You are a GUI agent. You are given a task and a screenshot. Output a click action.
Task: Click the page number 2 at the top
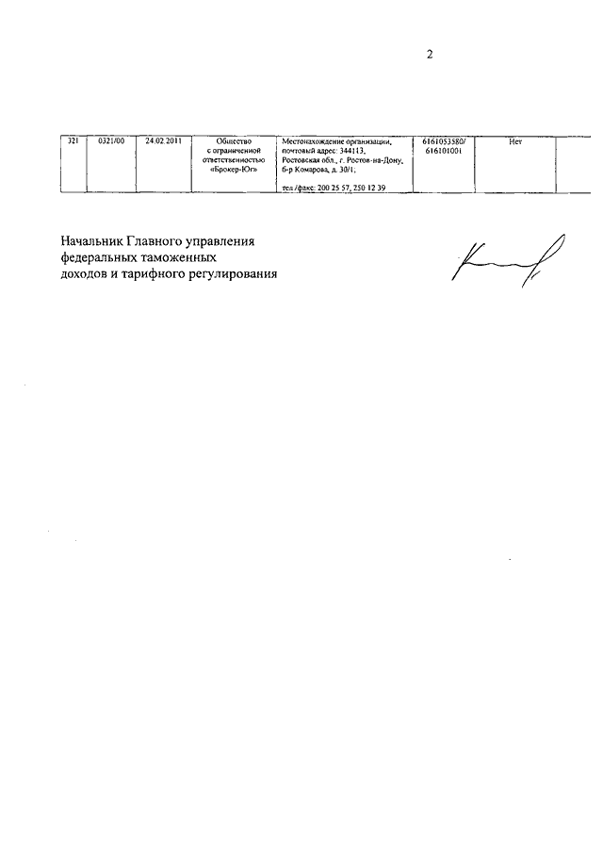pos(429,55)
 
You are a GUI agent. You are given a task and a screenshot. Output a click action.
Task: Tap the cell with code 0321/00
pos(111,141)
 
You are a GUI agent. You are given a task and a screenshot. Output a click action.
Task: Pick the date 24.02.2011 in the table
pos(163,141)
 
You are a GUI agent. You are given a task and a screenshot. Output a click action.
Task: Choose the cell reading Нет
pos(514,141)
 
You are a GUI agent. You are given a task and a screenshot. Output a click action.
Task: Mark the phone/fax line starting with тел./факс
pos(334,189)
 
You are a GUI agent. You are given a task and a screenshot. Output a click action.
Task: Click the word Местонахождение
pos(313,141)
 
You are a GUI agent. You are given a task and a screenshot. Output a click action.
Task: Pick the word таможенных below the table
pos(182,257)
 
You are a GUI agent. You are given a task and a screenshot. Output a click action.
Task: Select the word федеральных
pos(99,257)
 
